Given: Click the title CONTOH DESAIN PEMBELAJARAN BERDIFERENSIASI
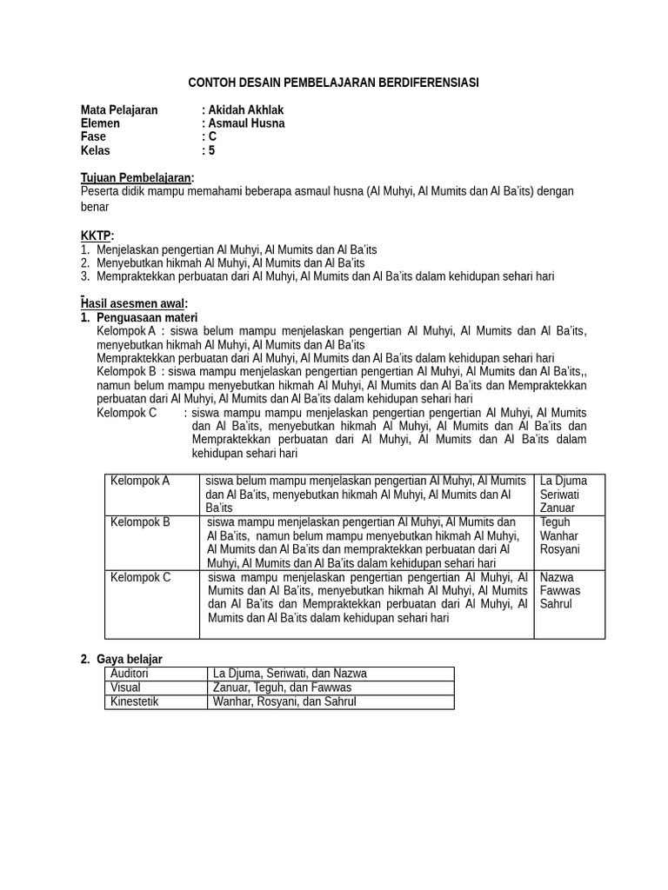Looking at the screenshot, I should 333,83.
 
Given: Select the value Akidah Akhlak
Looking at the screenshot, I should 245,110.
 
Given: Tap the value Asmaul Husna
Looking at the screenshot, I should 246,123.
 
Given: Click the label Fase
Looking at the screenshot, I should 93,136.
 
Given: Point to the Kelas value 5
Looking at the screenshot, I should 211,150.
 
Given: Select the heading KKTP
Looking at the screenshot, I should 96,236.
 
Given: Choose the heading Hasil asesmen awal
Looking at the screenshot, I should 134,303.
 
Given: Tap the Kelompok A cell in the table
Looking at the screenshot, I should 140,481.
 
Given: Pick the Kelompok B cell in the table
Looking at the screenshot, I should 140,522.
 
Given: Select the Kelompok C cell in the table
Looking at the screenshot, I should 140,577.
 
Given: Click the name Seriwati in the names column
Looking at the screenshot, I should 559,495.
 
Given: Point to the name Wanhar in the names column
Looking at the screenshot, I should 559,535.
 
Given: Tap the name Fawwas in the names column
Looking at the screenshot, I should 559,590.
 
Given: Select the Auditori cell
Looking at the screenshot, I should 130,674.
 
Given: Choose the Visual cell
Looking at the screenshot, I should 126,687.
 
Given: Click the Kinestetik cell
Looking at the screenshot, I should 135,701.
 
